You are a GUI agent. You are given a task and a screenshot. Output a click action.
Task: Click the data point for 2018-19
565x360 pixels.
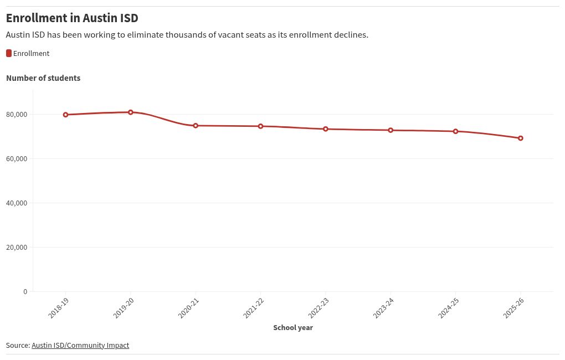tap(65, 115)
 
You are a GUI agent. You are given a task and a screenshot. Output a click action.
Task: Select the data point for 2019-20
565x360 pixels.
tap(131, 112)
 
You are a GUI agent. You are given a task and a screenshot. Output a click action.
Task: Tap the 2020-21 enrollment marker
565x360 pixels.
tap(196, 126)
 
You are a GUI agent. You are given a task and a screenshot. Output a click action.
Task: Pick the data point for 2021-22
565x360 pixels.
tap(260, 126)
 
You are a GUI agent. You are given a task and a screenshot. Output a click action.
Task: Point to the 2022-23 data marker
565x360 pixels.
tap(326, 129)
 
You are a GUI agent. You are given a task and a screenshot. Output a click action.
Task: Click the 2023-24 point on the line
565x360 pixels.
tap(391, 130)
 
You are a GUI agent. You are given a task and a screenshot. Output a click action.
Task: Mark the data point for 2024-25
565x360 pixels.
tap(455, 131)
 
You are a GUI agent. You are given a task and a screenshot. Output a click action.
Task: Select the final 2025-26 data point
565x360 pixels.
tap(521, 138)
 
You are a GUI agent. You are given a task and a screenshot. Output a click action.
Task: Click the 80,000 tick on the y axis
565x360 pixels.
tap(17, 115)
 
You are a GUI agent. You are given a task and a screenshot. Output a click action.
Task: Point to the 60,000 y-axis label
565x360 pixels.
tap(17, 159)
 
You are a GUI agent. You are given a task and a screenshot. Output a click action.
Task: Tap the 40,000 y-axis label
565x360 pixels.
tap(17, 203)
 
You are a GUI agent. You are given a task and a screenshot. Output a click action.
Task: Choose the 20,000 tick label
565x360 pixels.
tap(17, 248)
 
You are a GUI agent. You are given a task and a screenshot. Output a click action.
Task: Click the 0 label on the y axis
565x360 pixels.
tap(25, 292)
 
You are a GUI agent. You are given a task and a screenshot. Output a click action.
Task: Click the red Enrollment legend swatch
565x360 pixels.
tap(9, 53)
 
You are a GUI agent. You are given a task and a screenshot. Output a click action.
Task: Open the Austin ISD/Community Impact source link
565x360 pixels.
tap(80, 345)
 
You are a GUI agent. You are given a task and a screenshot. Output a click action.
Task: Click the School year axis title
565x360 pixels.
tap(293, 328)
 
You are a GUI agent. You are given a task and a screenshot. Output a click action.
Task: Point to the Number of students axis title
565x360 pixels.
tap(43, 78)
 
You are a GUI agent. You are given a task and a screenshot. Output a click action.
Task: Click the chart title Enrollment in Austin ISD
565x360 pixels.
tap(72, 18)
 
